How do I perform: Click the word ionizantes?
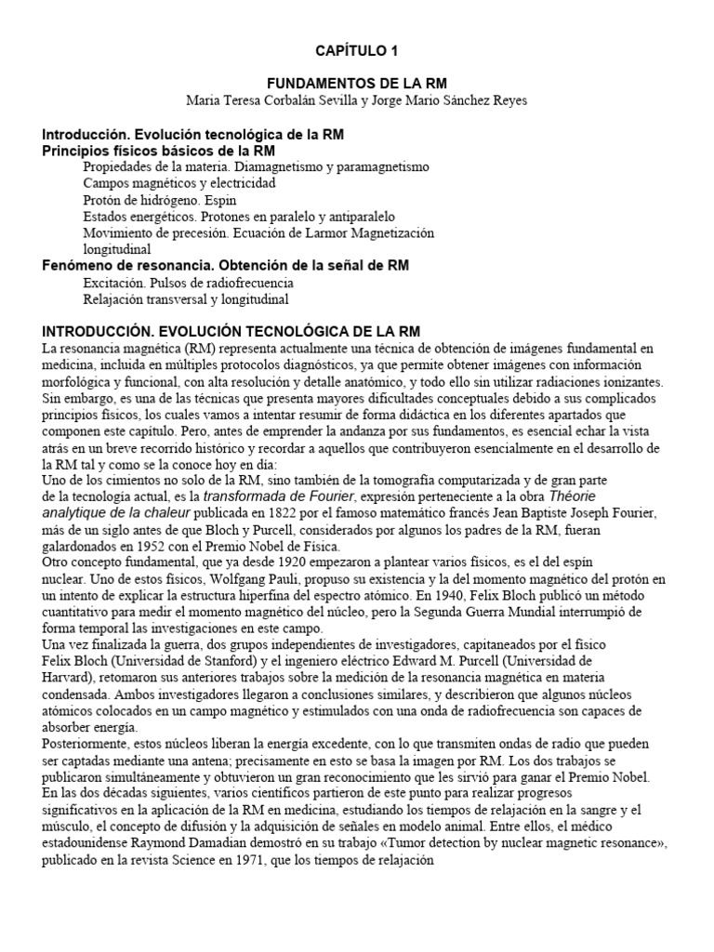[628, 382]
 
